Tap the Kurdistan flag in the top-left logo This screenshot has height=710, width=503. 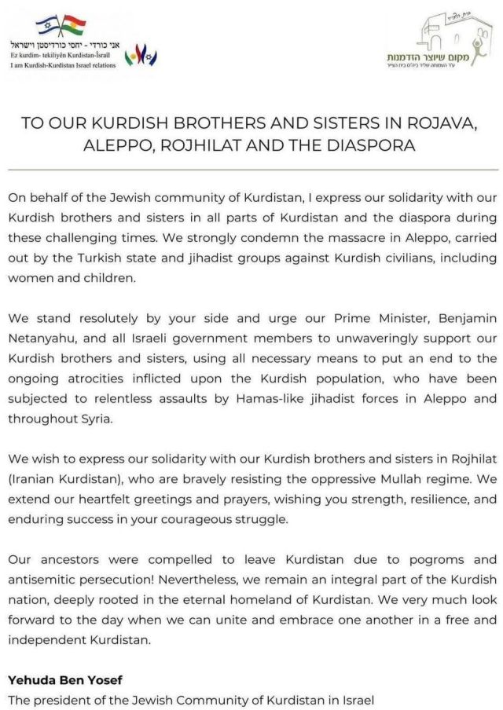72,26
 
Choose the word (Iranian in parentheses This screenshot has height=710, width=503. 34,478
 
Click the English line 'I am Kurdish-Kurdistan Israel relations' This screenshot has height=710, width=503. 63,64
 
